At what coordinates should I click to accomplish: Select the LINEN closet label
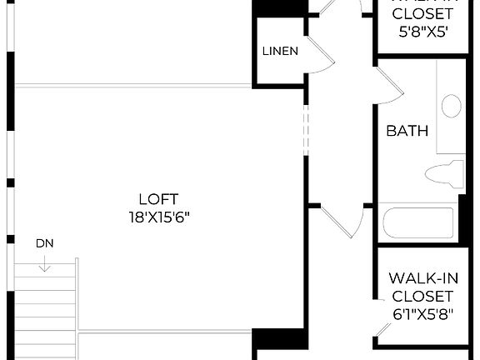point(280,51)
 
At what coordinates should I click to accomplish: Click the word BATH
point(407,131)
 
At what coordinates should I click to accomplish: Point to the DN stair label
point(45,244)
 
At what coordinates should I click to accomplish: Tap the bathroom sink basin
point(451,106)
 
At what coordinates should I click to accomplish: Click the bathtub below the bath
point(417,223)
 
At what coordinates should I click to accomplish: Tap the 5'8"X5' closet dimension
point(422,32)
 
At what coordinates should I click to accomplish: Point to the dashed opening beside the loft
point(306,129)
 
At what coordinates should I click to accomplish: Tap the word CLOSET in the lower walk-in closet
point(422,296)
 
